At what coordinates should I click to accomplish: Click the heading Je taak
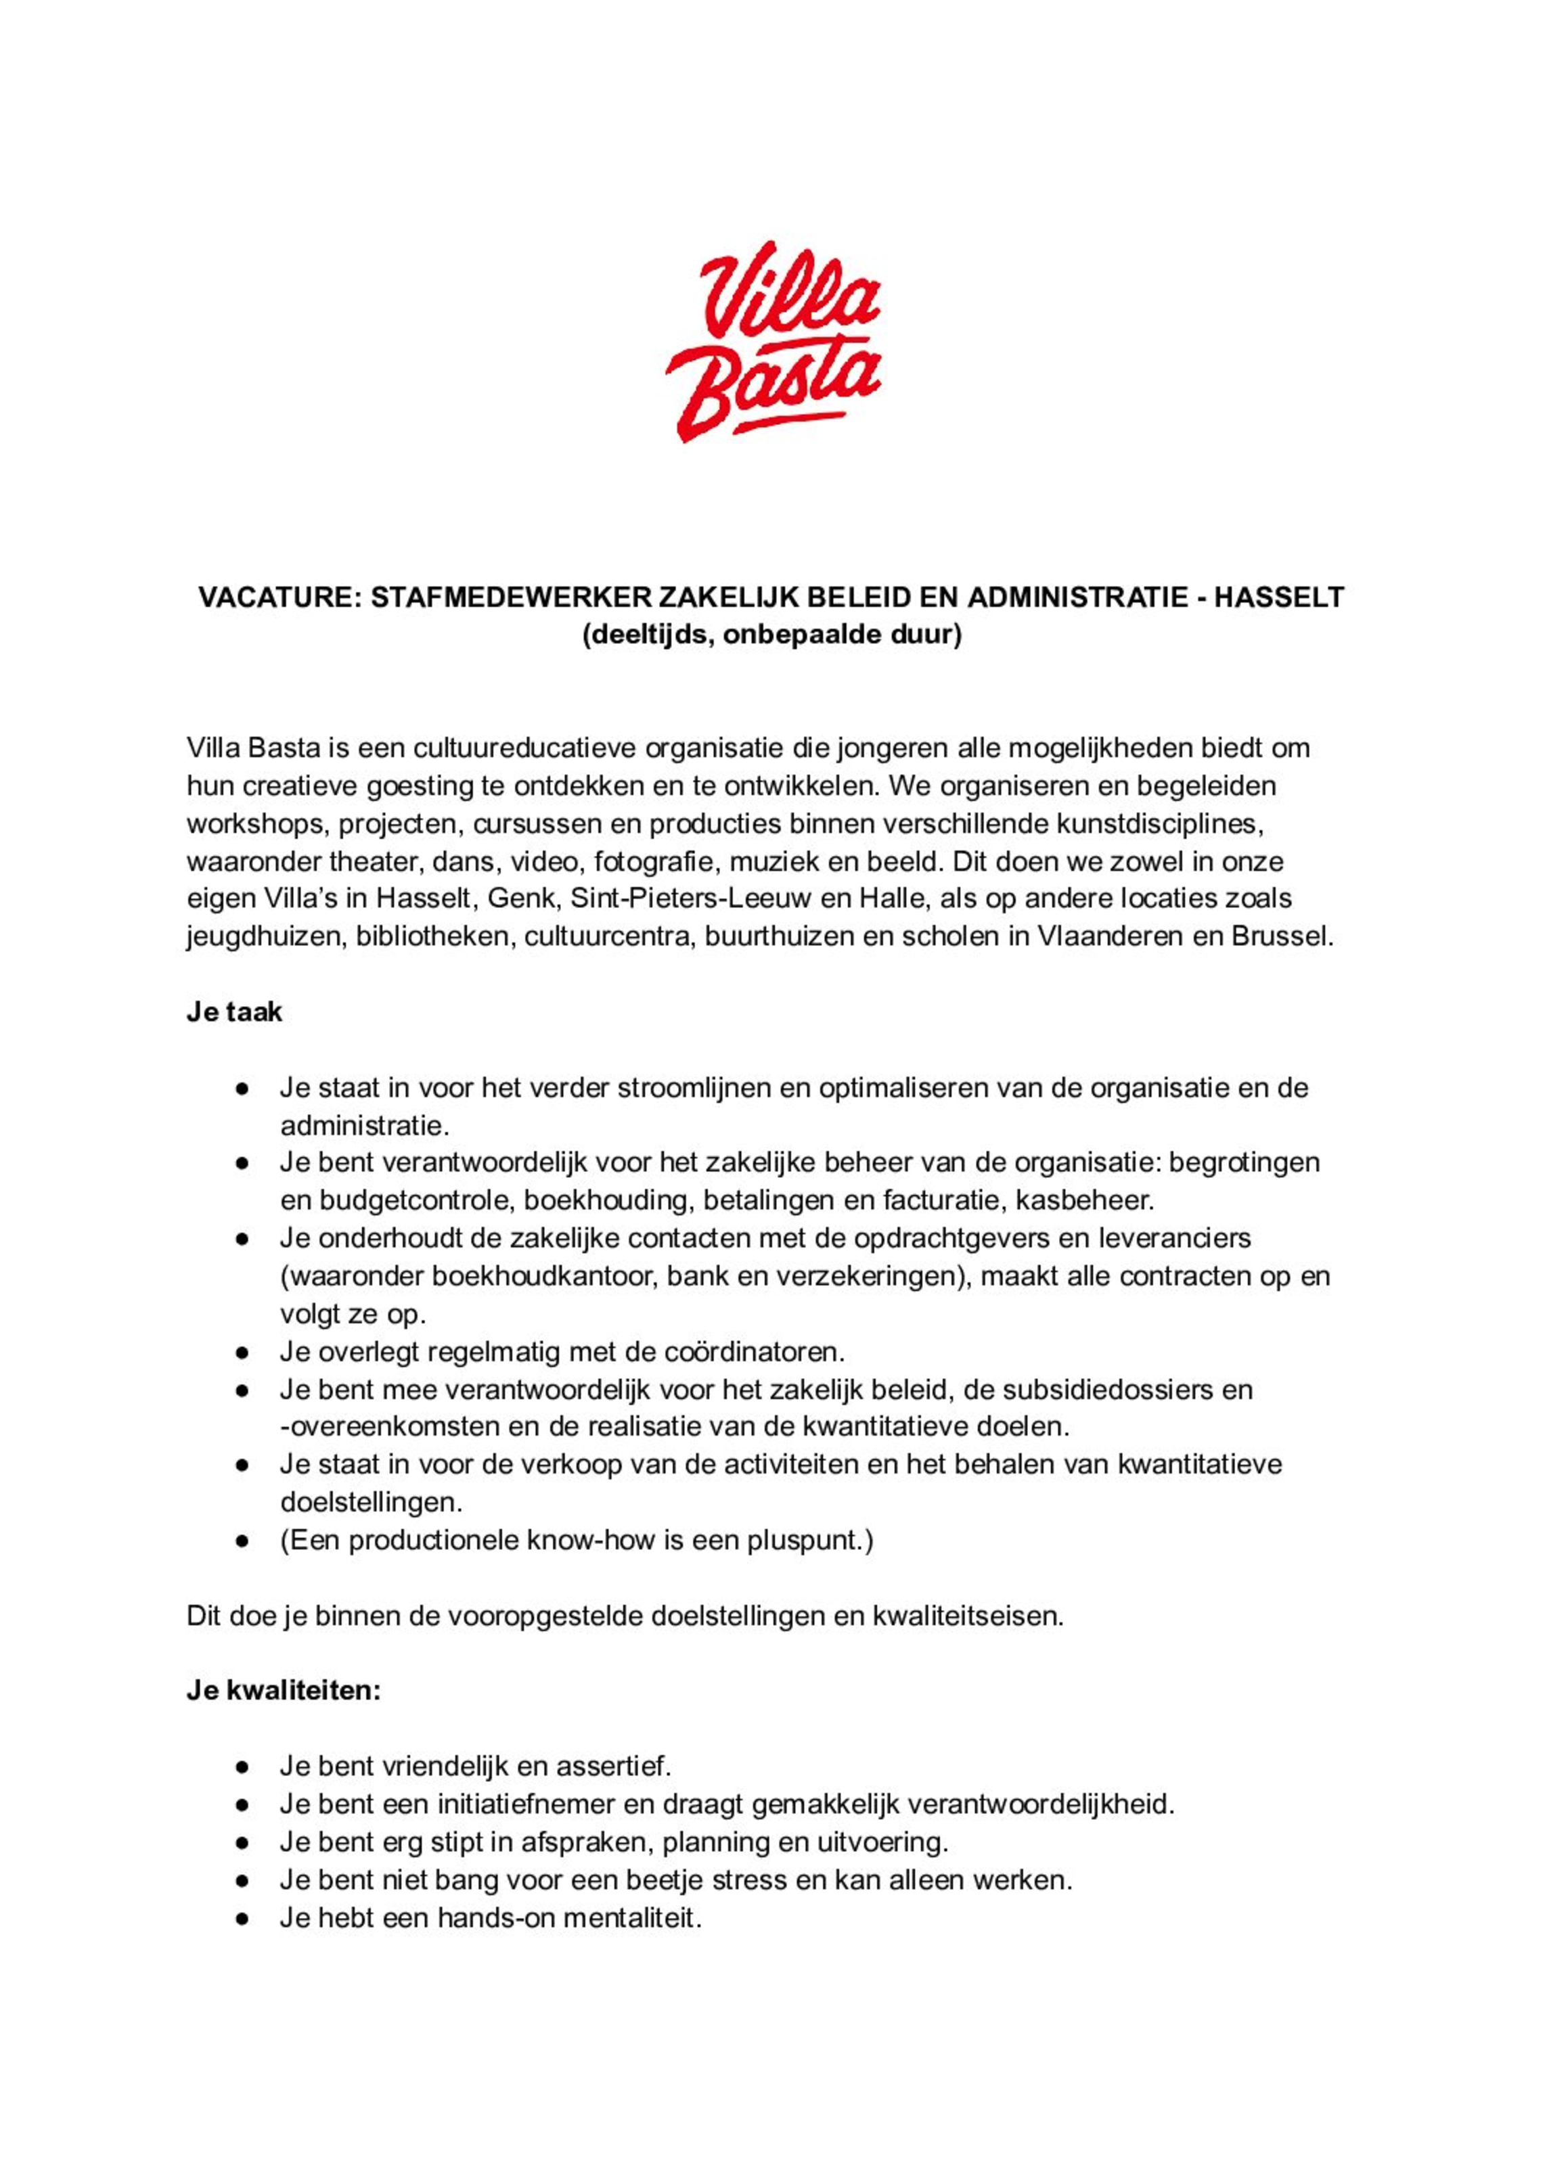click(234, 1011)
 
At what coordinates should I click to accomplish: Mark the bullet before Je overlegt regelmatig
click(243, 1352)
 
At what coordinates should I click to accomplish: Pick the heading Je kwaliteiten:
click(284, 1691)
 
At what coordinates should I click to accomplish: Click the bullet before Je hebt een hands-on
click(243, 1917)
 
